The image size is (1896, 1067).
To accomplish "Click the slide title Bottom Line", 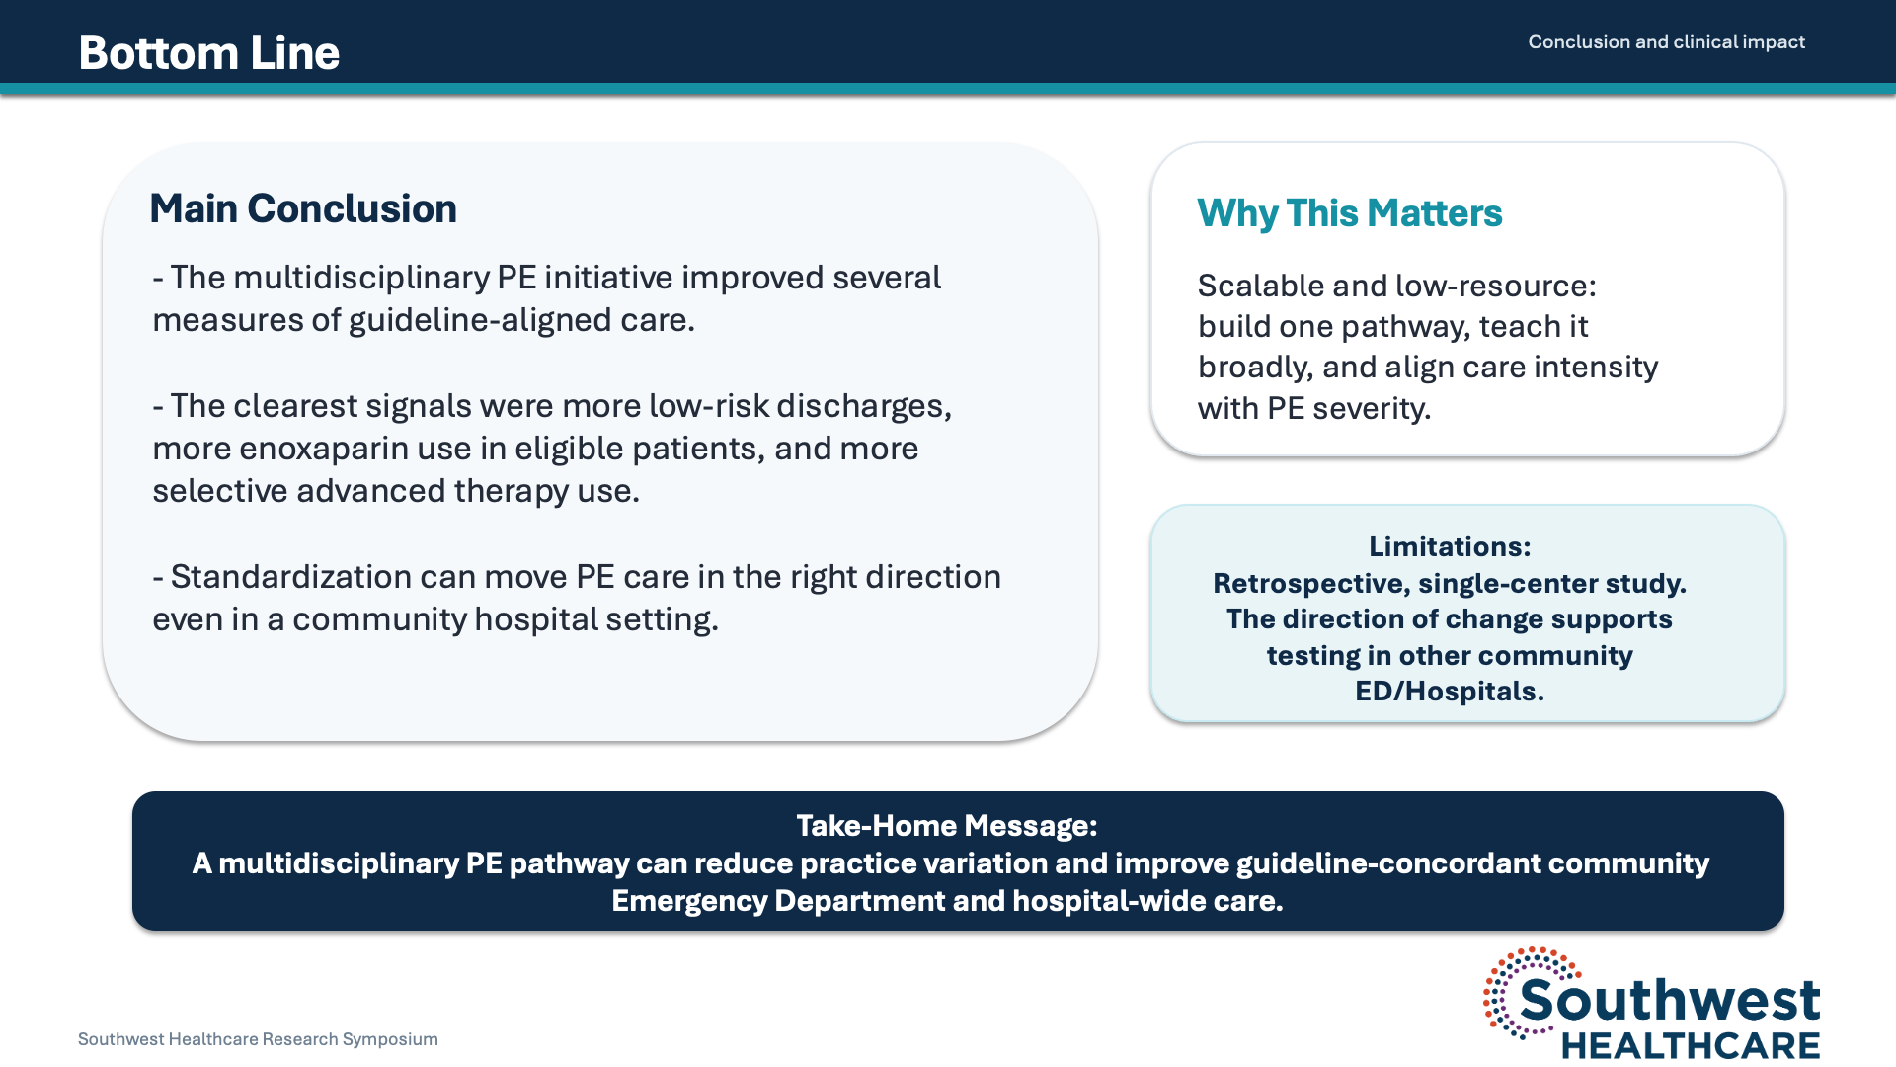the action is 209,52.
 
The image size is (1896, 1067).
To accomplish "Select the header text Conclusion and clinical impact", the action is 1666,41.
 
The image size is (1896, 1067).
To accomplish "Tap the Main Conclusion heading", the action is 303,208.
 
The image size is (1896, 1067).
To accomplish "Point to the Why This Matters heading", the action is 1349,213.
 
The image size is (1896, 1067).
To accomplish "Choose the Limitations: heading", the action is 1450,546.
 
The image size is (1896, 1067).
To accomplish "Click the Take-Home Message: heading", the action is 947,826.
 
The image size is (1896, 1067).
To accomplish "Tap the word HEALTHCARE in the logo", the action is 1691,1045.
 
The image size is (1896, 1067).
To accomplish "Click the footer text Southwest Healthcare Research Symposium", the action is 258,1039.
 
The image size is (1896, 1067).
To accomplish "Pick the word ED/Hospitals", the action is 1450,692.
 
